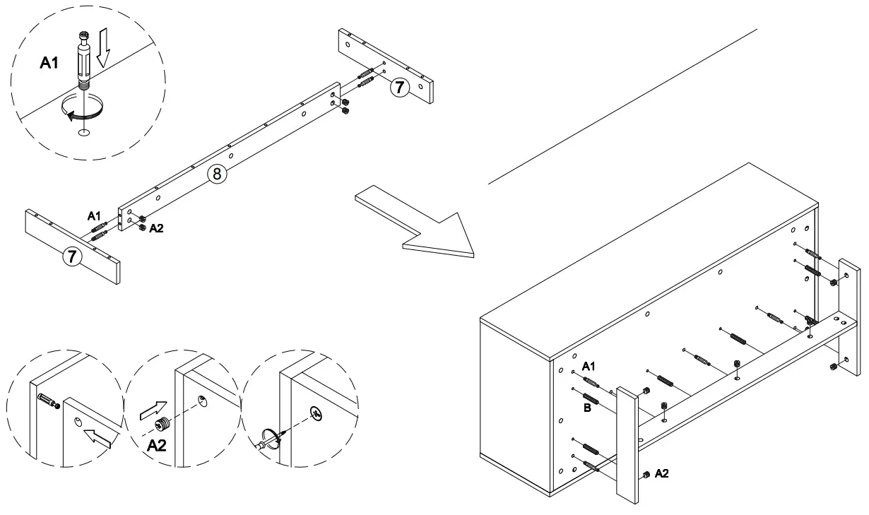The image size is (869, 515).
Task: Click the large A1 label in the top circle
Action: [x=49, y=64]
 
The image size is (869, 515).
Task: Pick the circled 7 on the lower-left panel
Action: [x=71, y=256]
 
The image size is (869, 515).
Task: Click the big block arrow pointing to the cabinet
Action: [x=417, y=220]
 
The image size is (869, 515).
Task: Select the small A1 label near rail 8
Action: [x=94, y=215]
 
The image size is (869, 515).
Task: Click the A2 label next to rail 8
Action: [x=156, y=228]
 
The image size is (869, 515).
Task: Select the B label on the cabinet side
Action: [x=586, y=408]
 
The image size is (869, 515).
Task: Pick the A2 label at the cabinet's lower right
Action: [x=662, y=473]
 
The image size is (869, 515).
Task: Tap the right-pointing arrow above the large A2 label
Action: [x=153, y=409]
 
